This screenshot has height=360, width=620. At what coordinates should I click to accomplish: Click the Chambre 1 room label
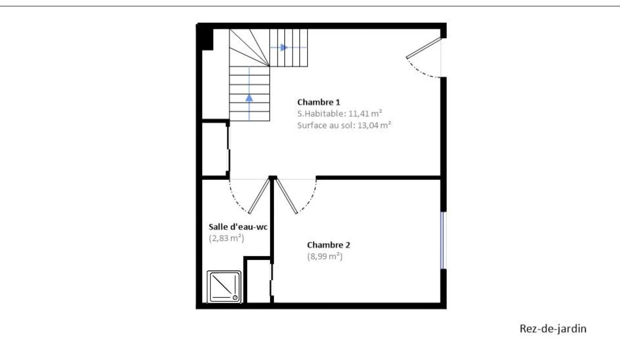[318, 102]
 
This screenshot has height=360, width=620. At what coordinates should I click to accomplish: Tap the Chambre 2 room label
[328, 245]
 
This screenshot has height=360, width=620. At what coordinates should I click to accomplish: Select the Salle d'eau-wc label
[238, 227]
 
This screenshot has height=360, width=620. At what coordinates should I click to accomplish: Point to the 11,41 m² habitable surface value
[365, 114]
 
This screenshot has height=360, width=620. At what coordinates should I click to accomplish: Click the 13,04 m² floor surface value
[374, 125]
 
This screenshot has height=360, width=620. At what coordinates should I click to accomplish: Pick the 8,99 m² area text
[325, 257]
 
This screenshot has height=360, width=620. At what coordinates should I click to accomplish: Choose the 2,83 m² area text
[226, 238]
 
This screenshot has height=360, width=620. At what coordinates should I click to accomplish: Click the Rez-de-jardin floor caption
[553, 328]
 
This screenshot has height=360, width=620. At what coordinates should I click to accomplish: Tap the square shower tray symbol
[224, 287]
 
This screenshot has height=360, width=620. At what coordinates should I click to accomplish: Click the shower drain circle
[235, 298]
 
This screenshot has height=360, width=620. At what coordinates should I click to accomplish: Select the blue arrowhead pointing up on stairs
[249, 98]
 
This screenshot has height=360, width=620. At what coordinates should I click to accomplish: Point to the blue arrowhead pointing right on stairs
[284, 48]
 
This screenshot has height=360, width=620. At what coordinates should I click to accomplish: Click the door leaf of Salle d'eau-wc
[259, 196]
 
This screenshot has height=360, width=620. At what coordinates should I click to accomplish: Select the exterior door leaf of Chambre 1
[424, 48]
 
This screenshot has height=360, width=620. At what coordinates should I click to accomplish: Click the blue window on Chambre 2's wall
[443, 241]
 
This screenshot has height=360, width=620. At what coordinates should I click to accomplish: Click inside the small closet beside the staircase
[215, 149]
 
